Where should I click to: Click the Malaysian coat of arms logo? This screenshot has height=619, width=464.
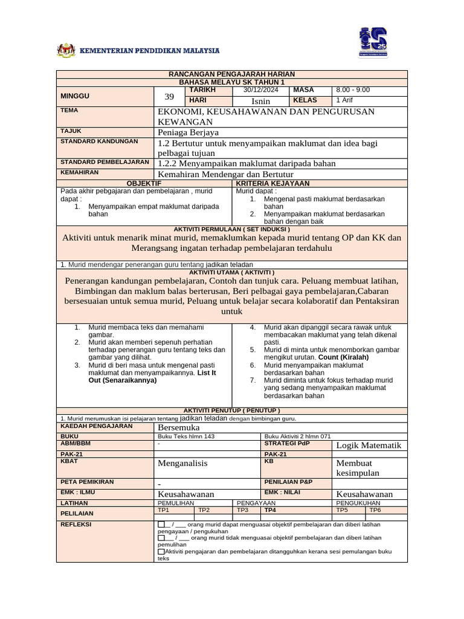pos(66,50)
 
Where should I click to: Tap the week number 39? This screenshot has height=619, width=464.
pos(169,96)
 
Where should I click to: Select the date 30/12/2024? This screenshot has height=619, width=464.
pos(261,90)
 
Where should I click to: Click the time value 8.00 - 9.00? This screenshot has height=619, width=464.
pos(353,90)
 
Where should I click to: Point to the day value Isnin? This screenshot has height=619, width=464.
pos(261,101)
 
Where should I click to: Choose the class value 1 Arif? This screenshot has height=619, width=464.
pos(344,100)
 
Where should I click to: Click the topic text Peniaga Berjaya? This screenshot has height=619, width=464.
pos(188,132)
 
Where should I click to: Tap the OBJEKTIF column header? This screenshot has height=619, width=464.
pos(144,183)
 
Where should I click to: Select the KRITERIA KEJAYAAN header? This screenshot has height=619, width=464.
pos(272,183)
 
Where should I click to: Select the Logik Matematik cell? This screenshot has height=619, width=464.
pos(369,446)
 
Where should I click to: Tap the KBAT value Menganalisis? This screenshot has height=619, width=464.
pos(182,463)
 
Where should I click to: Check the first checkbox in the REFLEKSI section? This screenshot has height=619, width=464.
pos(161,524)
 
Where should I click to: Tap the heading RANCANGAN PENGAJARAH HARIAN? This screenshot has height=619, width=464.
pos(231,74)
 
